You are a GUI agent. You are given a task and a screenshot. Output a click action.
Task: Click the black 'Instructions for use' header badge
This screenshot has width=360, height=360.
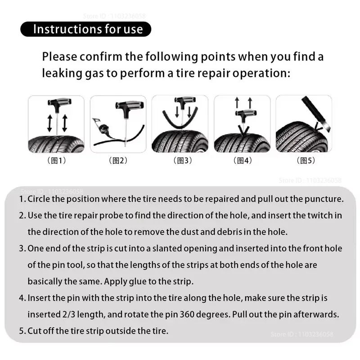tap(85, 29)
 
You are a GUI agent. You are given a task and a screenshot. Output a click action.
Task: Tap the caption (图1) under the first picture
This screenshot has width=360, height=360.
tap(56, 161)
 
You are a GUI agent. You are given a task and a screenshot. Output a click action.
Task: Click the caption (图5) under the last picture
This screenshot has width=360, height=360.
tap(307, 161)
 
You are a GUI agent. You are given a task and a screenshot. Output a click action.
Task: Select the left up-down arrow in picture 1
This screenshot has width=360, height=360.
tap(49, 122)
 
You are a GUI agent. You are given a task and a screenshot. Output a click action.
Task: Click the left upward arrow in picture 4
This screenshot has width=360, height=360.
tap(237, 103)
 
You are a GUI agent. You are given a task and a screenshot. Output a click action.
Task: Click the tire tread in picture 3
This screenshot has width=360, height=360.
tap(180, 143)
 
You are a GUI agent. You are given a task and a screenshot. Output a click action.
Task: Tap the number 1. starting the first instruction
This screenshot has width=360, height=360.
tap(22, 199)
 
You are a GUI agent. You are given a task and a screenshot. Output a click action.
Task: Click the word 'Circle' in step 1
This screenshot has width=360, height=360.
tap(39, 199)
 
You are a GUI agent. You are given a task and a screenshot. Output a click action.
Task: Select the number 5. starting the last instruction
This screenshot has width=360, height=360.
tap(22, 331)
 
